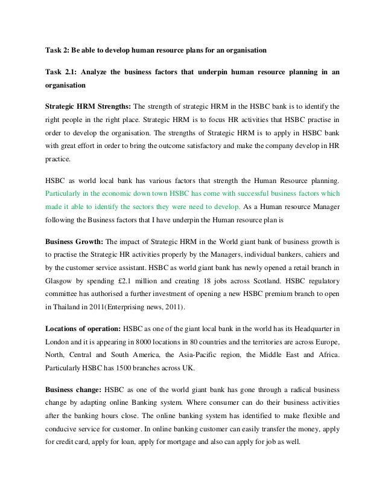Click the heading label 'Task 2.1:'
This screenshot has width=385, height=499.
click(x=63, y=74)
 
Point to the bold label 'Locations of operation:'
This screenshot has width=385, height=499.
click(x=83, y=329)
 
